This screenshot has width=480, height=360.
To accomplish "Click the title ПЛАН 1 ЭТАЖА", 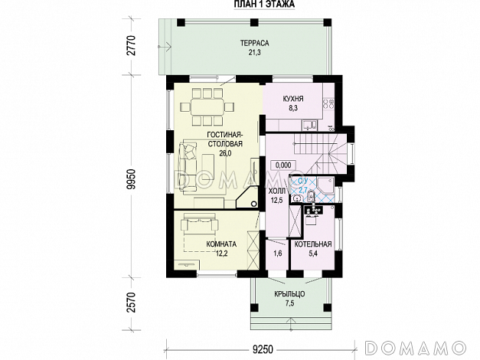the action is click(264, 4).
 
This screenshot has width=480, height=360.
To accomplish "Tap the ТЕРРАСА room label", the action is click(254, 43).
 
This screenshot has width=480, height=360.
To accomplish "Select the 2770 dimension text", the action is click(132, 45).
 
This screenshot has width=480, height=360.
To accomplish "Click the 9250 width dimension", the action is click(263, 349).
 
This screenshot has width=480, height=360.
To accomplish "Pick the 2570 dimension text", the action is click(132, 303).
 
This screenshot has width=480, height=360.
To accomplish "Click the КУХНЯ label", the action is click(293, 99).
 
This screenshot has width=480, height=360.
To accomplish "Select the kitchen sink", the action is click(310, 125).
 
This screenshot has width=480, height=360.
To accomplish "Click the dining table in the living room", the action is click(207, 107).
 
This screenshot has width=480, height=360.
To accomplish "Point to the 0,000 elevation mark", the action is click(283, 165).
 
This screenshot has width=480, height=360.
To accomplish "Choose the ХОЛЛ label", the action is click(276, 191).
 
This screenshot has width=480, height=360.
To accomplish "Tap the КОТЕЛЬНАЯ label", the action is click(313, 244).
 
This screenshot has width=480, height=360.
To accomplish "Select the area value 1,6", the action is click(277, 254).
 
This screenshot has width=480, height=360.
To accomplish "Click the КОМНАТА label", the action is click(221, 244).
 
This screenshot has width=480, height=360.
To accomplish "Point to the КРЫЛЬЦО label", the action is click(289, 294).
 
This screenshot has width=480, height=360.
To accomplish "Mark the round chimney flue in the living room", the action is click(253, 203).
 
